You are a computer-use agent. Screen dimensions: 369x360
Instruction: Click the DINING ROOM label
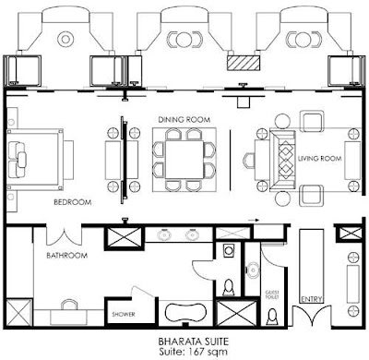[x=184, y=119]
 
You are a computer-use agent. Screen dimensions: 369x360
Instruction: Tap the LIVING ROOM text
[x=319, y=159]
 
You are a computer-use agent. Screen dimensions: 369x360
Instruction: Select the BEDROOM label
[x=73, y=202]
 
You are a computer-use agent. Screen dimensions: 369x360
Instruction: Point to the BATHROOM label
[x=66, y=256]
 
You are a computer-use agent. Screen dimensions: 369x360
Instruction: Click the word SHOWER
[x=124, y=314]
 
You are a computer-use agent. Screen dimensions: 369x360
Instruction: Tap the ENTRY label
[x=312, y=299]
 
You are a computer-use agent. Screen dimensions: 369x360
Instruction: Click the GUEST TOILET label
[x=273, y=294]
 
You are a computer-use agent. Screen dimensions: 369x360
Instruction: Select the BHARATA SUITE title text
[x=194, y=342]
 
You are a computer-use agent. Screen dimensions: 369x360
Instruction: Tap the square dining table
[x=184, y=160]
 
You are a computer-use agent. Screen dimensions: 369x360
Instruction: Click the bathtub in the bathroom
[x=185, y=312]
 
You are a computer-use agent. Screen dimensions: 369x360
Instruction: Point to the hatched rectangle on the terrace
[x=244, y=63]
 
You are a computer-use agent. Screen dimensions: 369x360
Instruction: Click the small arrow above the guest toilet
[x=253, y=221]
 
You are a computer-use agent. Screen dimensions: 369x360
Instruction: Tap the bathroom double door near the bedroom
[x=64, y=237]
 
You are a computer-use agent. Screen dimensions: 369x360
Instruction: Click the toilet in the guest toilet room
[x=272, y=317]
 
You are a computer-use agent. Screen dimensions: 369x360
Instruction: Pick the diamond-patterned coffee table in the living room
[x=286, y=160]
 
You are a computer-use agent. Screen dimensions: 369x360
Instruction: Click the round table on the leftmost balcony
[x=65, y=40]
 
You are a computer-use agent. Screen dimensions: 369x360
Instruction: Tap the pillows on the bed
[x=18, y=160]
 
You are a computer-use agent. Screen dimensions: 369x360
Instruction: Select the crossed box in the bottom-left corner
[x=19, y=313]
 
